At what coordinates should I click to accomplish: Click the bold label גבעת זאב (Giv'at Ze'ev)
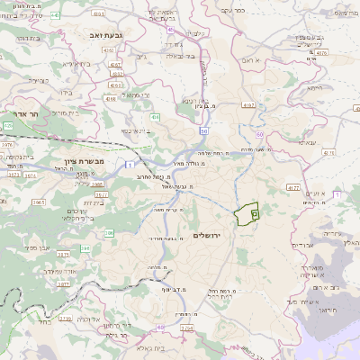click(x=106, y=35)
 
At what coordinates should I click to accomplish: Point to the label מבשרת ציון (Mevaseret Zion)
click(x=86, y=161)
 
